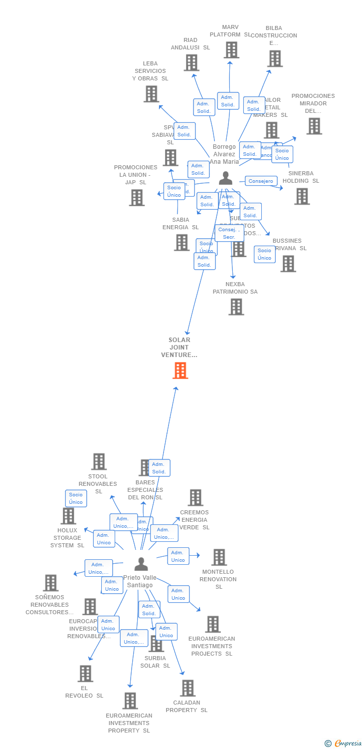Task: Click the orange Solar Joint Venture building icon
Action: click(180, 371)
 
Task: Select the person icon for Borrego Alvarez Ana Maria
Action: click(226, 178)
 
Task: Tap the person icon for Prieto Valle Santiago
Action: click(141, 564)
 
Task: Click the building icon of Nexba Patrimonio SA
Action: click(236, 307)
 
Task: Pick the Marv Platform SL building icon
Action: click(231, 50)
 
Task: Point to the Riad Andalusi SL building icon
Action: click(191, 63)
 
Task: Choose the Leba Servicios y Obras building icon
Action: click(151, 94)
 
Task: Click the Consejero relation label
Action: click(261, 181)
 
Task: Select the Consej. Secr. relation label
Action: click(229, 233)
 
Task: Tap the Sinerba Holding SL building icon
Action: click(302, 196)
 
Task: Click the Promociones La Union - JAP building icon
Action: click(137, 198)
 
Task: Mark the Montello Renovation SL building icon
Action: click(219, 557)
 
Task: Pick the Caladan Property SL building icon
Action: click(187, 688)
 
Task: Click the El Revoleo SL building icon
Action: click(85, 674)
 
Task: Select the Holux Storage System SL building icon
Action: click(68, 516)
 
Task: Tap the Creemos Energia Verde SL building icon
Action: click(195, 497)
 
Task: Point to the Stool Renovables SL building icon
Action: click(99, 461)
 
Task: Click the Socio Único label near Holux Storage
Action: click(76, 498)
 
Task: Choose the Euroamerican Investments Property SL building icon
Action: click(130, 701)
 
